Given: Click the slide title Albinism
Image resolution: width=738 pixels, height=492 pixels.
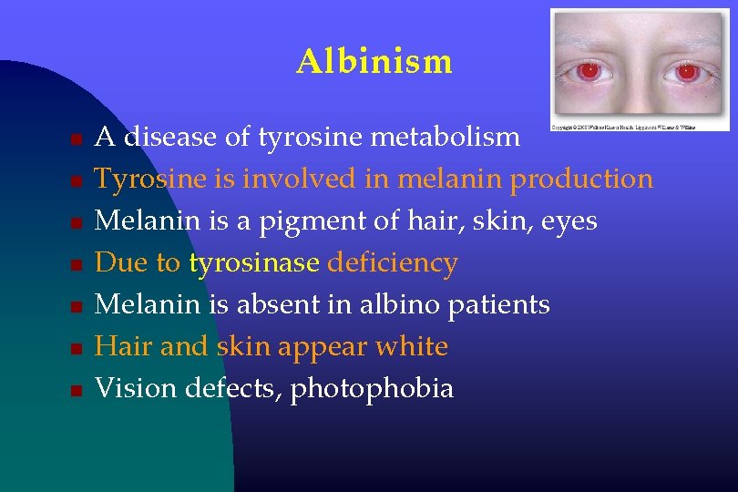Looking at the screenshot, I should point(374,62).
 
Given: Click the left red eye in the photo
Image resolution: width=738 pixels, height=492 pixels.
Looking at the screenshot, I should point(589,70).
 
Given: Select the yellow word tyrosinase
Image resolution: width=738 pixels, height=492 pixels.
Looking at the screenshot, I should point(254,263).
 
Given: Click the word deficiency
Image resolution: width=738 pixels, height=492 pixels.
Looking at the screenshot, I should point(392,263).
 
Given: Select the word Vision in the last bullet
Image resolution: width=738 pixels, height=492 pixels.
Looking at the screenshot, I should point(137,388).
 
